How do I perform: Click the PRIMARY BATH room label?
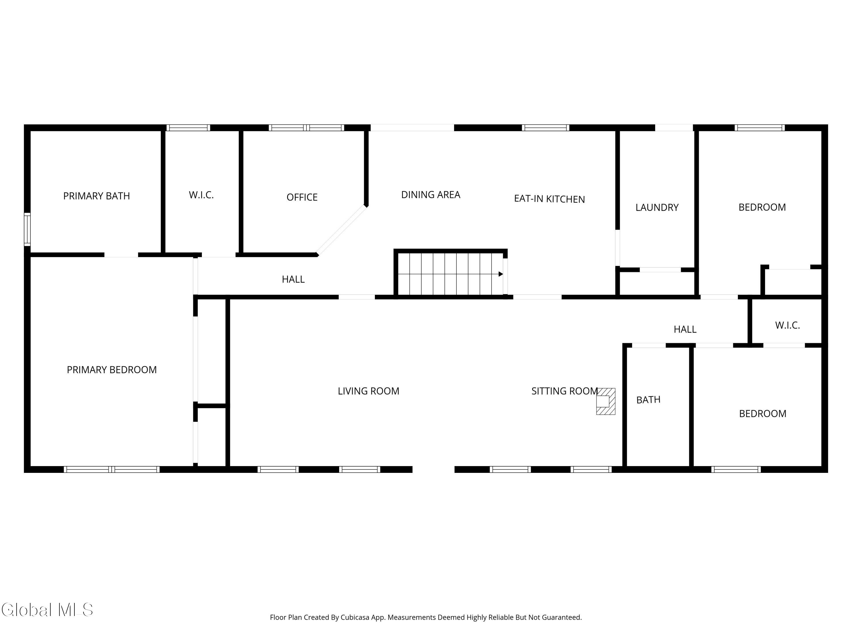(x=96, y=196)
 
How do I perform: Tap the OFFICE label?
(x=302, y=197)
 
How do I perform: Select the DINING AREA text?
(x=431, y=195)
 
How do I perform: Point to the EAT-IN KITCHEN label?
(x=549, y=199)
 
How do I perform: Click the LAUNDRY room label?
(x=657, y=208)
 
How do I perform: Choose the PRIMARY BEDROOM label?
(x=112, y=370)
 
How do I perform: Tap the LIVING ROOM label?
(x=368, y=391)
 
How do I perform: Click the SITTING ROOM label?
(x=564, y=391)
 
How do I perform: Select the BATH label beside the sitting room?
(x=648, y=400)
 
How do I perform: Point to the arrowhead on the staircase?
(x=501, y=274)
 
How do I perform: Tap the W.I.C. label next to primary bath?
(x=201, y=195)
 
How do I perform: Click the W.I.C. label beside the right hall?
(x=787, y=325)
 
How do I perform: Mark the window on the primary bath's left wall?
(x=27, y=229)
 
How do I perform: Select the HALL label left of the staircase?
(x=293, y=279)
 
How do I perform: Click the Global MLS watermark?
(x=47, y=610)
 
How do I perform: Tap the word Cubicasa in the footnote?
(x=355, y=617)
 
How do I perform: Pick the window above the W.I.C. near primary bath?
(x=188, y=128)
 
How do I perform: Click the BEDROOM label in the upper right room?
(x=762, y=207)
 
